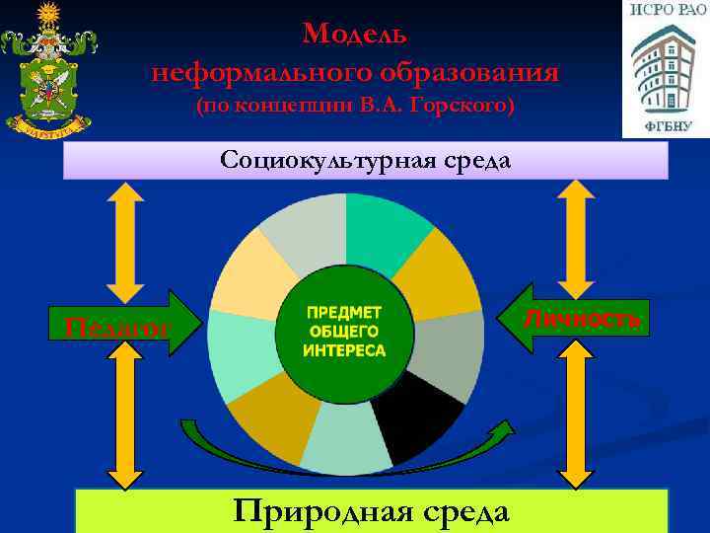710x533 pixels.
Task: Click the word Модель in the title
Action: [355, 35]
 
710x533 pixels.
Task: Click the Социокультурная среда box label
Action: [366, 160]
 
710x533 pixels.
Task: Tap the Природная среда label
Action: [371, 511]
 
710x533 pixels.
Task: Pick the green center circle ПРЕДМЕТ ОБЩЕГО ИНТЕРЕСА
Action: [345, 332]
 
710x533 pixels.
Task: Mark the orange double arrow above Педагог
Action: [125, 242]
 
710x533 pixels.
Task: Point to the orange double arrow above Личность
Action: [574, 237]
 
